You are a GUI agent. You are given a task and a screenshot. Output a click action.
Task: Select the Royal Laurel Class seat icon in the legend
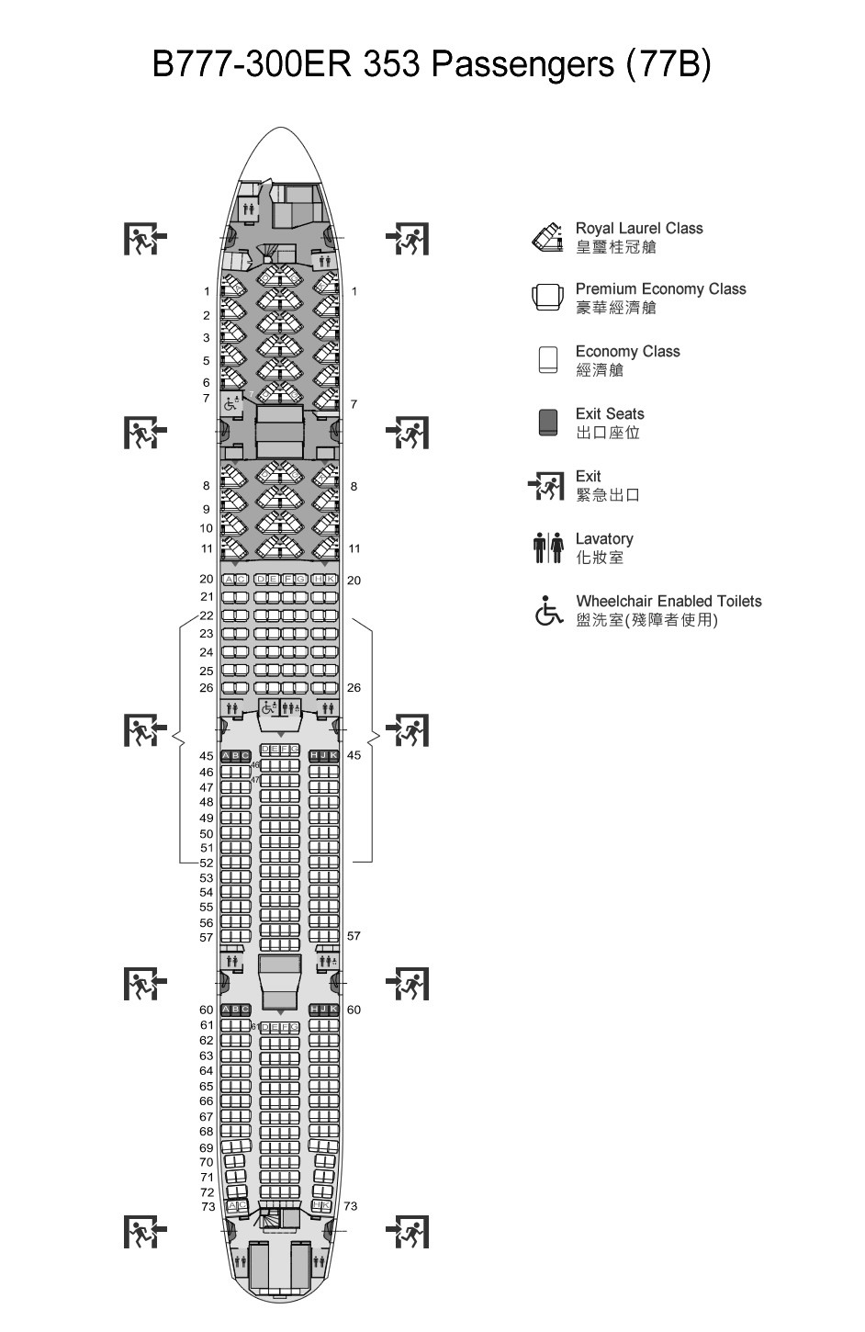pos(546,237)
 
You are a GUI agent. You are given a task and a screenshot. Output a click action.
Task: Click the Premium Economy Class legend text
pos(660,289)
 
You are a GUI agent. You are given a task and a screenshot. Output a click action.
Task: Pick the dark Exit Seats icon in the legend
pos(548,423)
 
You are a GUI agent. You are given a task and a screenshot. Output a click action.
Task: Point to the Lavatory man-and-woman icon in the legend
pos(547,547)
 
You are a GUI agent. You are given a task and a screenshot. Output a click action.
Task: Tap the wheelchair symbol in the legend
pos(548,611)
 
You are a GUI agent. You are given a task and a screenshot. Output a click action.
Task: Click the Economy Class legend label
pos(627,352)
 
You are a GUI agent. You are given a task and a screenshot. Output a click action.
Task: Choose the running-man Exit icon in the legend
pos(546,485)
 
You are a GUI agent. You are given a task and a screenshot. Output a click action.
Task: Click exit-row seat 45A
pos(226,756)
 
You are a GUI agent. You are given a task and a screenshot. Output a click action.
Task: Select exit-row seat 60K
pos(333,1010)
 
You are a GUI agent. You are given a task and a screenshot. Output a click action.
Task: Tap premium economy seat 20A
pos(229,580)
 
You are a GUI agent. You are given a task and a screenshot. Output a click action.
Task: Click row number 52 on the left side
pos(207,863)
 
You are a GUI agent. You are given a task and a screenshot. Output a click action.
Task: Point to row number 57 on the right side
pos(354,936)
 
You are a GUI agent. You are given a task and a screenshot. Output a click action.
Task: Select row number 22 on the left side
pos(207,615)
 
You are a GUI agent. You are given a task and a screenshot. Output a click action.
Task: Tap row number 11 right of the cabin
pos(354,548)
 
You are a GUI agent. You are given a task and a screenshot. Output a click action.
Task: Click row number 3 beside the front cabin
pos(207,338)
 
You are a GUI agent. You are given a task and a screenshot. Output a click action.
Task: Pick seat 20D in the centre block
pos(261,580)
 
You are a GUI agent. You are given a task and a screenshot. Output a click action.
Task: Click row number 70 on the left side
pos(207,1162)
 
